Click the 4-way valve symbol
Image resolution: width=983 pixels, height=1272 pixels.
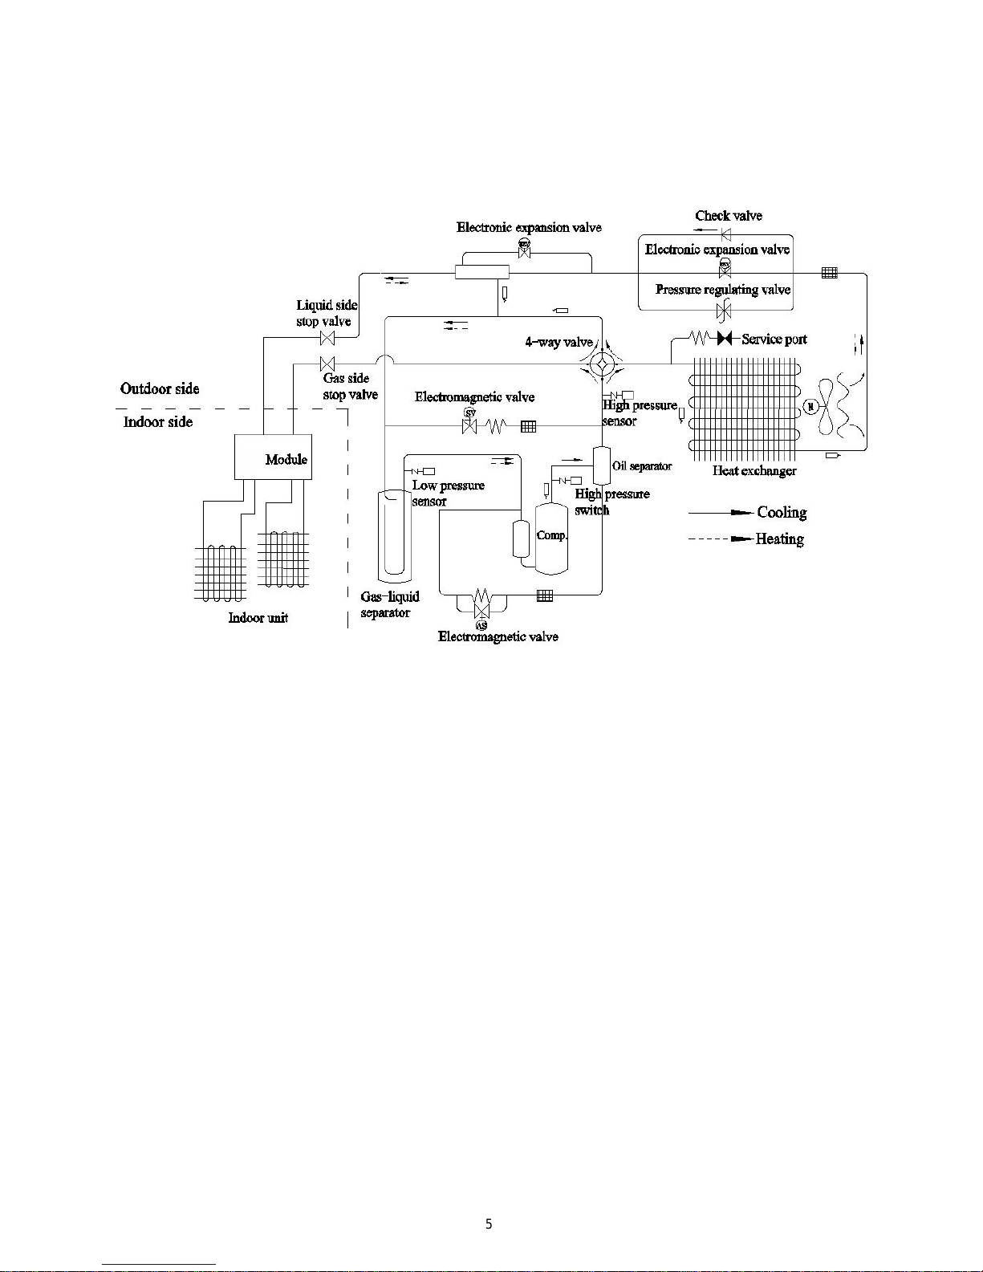pos(601,364)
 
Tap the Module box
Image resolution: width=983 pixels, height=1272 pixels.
pos(273,457)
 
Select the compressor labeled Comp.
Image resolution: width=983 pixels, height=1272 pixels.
pos(551,537)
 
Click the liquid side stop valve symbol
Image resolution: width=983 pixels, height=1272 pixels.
pos(327,338)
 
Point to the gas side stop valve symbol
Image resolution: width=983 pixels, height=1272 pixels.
pos(327,364)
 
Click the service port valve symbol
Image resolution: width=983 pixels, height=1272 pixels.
pos(725,338)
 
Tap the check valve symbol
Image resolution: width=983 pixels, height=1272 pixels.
pos(725,234)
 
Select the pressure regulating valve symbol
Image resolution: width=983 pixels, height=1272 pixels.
pos(724,310)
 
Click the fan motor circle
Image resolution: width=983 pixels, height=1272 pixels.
pos(810,406)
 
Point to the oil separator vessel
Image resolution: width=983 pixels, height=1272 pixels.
pos(602,465)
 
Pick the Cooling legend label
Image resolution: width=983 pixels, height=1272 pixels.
pos(782,512)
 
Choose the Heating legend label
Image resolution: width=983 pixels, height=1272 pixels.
pos(779,538)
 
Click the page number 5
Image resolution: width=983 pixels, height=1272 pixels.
pos(489,1225)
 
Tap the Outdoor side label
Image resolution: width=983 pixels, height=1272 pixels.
pos(160,388)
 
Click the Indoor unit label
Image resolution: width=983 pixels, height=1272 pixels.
pos(258,617)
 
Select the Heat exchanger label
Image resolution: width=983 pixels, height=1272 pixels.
pos(754,470)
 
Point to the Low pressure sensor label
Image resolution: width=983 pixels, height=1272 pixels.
pos(448,493)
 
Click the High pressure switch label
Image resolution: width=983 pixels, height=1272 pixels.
pos(611,502)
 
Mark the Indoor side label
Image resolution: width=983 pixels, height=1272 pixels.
pos(158,421)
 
